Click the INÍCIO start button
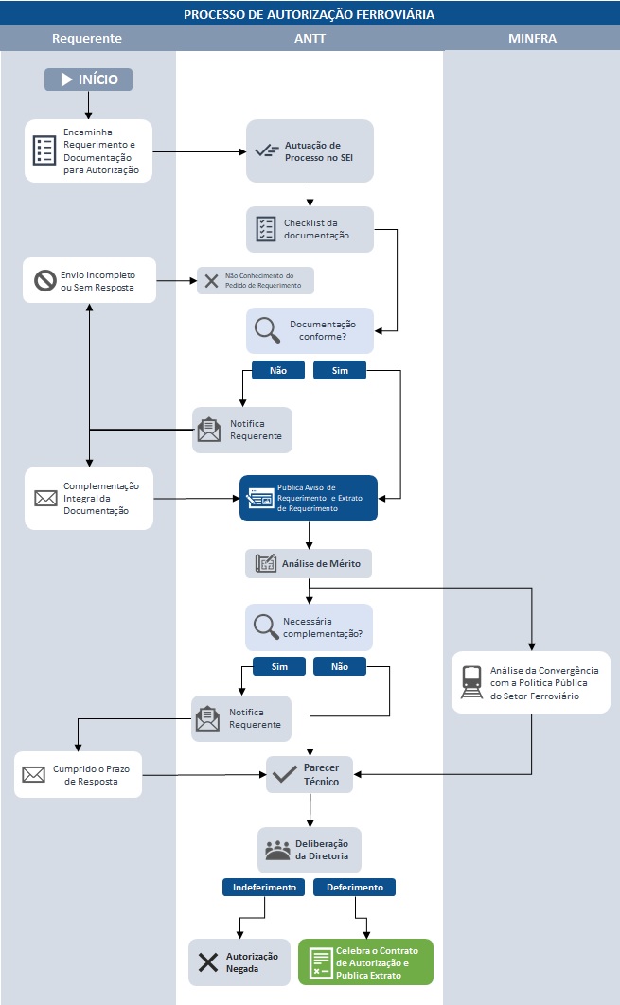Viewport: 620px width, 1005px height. point(88,79)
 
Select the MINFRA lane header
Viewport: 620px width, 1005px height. point(531,39)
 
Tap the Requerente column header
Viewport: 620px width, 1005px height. point(87,39)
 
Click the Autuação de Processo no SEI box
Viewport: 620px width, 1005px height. point(310,151)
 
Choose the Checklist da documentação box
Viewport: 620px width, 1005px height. point(310,229)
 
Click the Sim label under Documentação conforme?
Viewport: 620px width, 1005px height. point(340,371)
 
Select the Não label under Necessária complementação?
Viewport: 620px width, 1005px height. point(340,666)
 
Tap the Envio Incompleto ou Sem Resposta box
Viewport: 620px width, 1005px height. point(89,280)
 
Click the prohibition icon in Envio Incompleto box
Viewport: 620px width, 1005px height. point(45,280)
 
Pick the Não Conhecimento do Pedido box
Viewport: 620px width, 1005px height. point(255,281)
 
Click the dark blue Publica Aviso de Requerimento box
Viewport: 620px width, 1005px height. point(308,498)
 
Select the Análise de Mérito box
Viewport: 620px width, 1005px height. point(308,564)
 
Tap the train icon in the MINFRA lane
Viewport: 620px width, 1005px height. point(471,682)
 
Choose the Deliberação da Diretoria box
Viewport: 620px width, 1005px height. point(310,850)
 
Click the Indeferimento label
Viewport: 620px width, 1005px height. point(264,888)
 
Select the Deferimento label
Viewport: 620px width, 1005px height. point(355,888)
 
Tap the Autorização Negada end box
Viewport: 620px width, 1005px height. point(239,962)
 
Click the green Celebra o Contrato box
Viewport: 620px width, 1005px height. point(365,962)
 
